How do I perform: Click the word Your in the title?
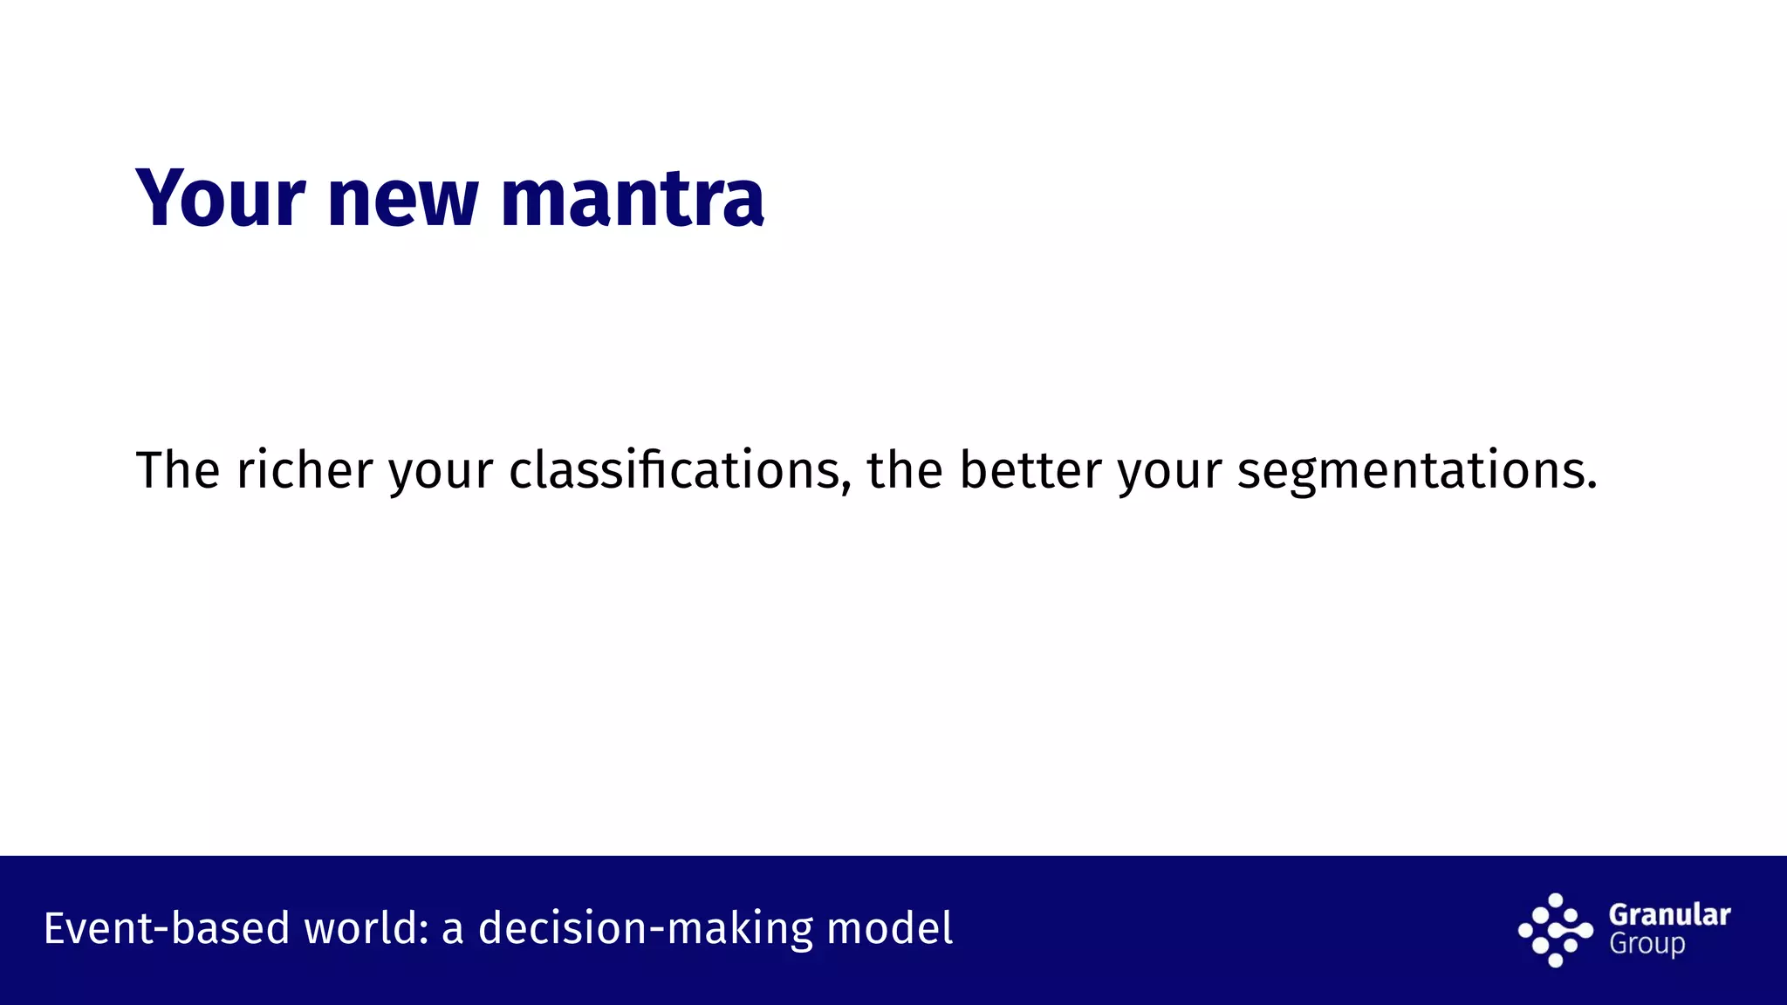[220, 199]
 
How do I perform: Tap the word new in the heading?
[402, 201]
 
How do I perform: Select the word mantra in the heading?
[633, 201]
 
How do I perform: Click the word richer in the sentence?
[305, 470]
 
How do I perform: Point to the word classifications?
[674, 470]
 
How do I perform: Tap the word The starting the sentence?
[177, 470]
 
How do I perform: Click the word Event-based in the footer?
[166, 928]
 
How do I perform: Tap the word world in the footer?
[359, 928]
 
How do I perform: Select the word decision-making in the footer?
[645, 928]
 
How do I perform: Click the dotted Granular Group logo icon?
[1555, 930]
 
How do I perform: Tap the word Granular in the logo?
[1669, 915]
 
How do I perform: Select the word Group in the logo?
[1647, 945]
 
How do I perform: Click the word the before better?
[904, 470]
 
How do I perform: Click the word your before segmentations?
[1169, 472]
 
